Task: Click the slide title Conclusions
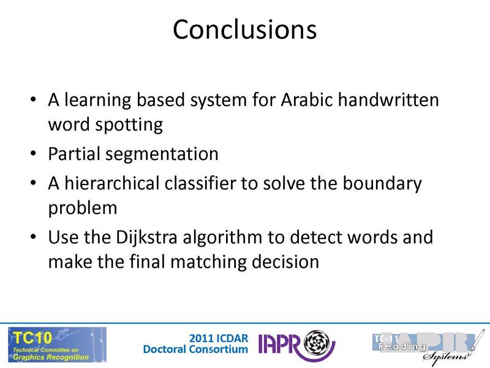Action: coord(244,29)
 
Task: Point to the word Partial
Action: coord(72,153)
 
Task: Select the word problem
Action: coord(83,208)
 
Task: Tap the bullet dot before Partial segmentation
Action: coord(33,155)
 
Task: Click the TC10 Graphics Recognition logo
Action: coord(56,344)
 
